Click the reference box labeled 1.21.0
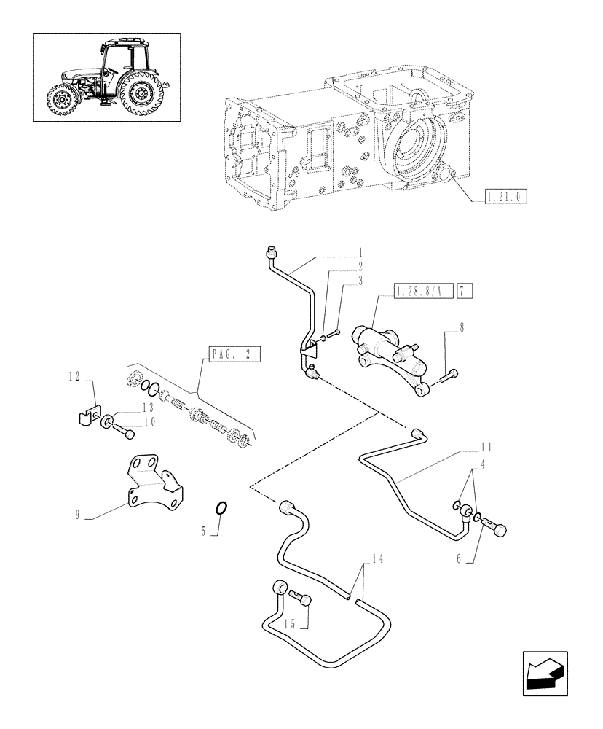505,196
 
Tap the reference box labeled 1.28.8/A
422,292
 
